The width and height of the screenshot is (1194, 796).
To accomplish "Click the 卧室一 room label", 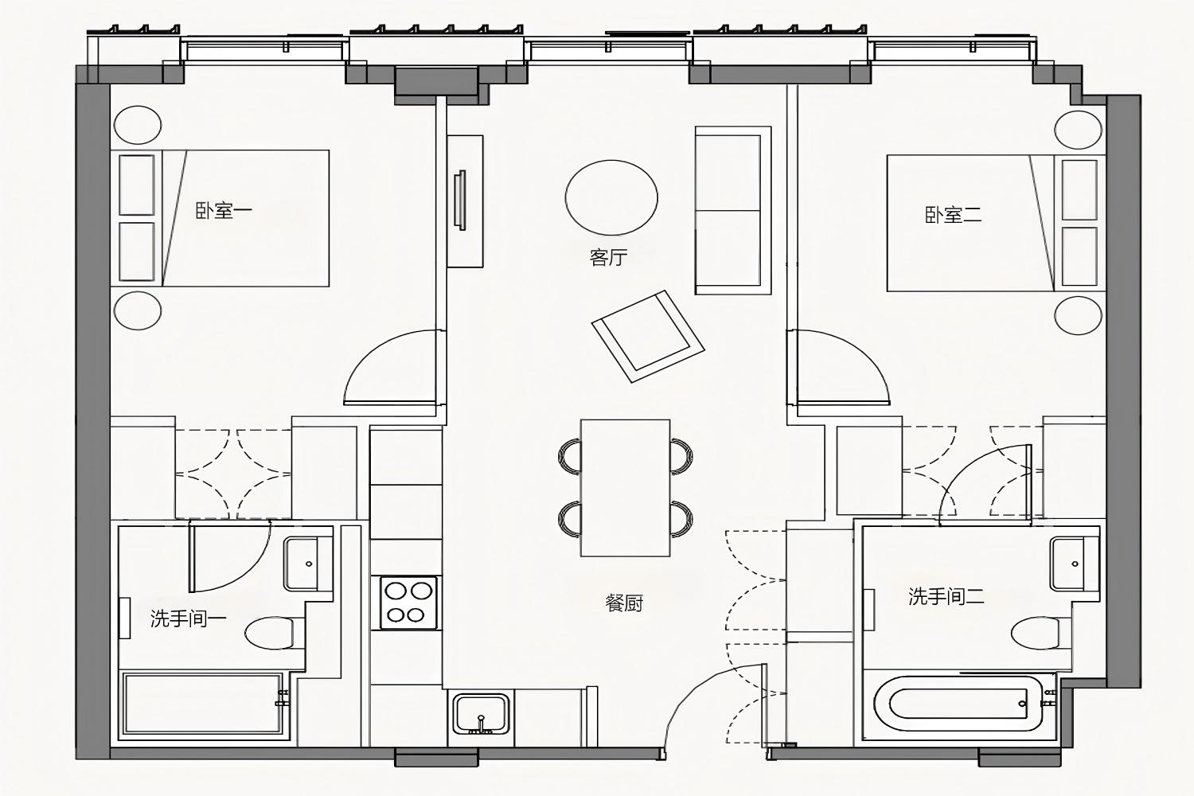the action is (x=224, y=211).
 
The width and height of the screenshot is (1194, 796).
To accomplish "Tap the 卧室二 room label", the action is (x=953, y=215).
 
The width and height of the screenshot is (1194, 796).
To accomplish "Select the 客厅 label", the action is (x=608, y=258).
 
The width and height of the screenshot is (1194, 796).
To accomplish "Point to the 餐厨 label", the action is (x=624, y=603).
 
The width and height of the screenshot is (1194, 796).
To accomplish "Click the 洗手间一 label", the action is (x=188, y=618).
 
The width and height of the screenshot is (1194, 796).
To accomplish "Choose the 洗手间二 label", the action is (x=946, y=596).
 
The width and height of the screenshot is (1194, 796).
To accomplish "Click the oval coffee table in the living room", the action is (x=611, y=197).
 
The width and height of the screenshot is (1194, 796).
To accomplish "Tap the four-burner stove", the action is (x=409, y=603).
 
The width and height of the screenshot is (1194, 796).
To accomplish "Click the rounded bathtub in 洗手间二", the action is (x=958, y=704).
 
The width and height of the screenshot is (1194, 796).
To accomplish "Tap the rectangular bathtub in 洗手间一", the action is (x=202, y=704).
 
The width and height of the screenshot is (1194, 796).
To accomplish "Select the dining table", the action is (x=625, y=488).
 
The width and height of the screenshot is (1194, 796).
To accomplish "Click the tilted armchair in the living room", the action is (x=648, y=336).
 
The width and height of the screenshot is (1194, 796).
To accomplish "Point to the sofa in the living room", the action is (x=733, y=210).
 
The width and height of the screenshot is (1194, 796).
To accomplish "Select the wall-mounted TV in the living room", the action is (x=460, y=200).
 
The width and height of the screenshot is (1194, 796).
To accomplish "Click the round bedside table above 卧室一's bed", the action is (x=138, y=125).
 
